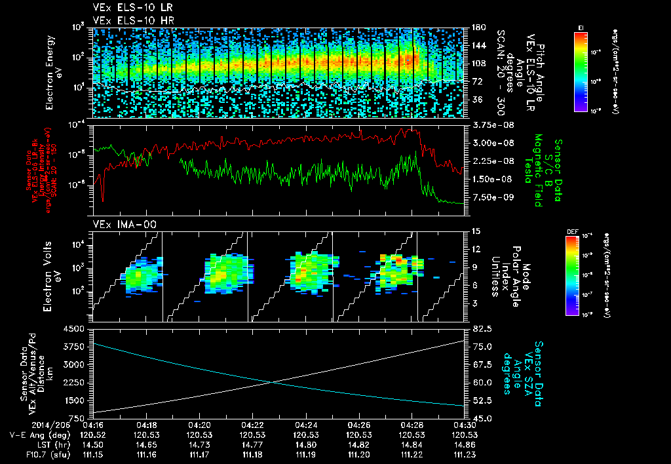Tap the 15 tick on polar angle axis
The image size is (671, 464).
tap(476, 231)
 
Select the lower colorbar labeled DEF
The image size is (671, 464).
tap(572, 274)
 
